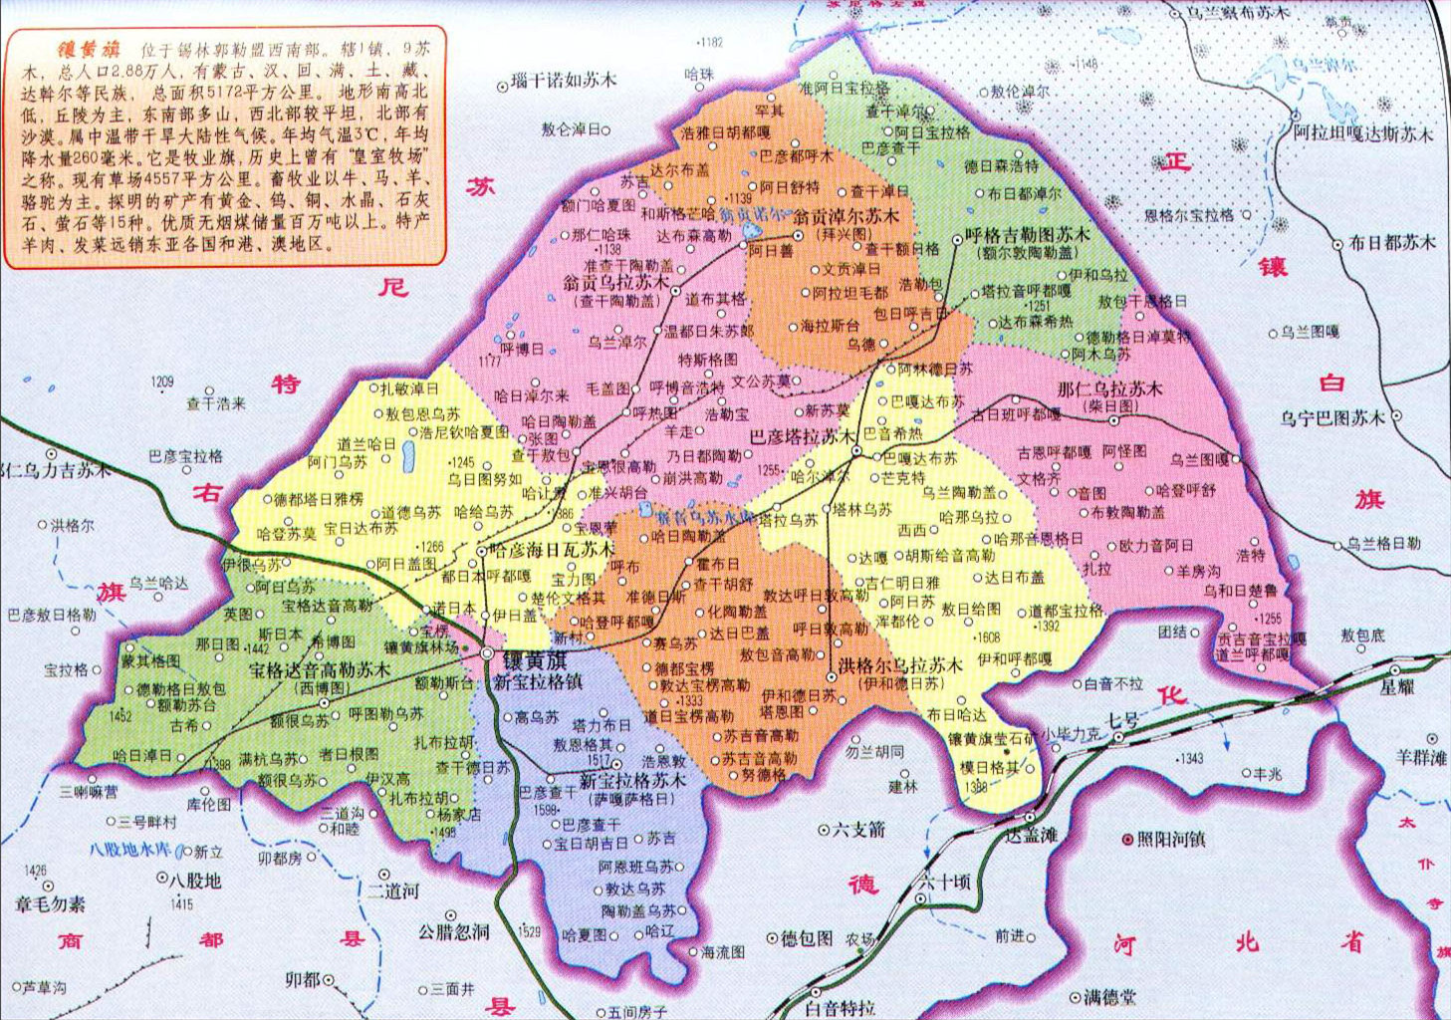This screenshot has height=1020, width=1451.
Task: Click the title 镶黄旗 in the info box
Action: click(x=90, y=48)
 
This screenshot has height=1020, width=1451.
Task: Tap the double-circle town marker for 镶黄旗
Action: click(x=486, y=653)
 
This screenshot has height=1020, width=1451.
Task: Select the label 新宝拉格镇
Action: click(x=538, y=682)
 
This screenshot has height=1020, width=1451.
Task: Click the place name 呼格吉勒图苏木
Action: click(x=1028, y=236)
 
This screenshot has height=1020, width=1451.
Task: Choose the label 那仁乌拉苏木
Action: click(x=1109, y=388)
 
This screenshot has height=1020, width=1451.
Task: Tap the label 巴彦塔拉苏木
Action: click(x=802, y=436)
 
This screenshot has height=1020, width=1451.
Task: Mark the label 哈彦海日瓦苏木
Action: click(x=553, y=550)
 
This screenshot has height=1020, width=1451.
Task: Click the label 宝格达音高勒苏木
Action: click(x=320, y=670)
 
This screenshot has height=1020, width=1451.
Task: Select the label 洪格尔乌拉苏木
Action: click(x=899, y=665)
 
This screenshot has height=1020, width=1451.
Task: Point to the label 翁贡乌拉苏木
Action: click(x=616, y=283)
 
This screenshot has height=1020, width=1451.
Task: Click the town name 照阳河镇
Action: click(x=1170, y=840)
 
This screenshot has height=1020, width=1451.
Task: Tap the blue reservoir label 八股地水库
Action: click(x=129, y=850)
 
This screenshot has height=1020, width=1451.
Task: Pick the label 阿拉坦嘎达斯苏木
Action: click(x=1363, y=132)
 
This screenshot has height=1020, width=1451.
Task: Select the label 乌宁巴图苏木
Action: click(x=1332, y=418)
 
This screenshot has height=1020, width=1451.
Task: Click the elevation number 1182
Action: click(x=711, y=42)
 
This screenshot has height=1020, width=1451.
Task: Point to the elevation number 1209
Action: click(x=162, y=382)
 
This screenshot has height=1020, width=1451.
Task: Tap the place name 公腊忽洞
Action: click(x=454, y=932)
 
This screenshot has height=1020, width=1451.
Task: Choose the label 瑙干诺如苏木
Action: click(x=564, y=81)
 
